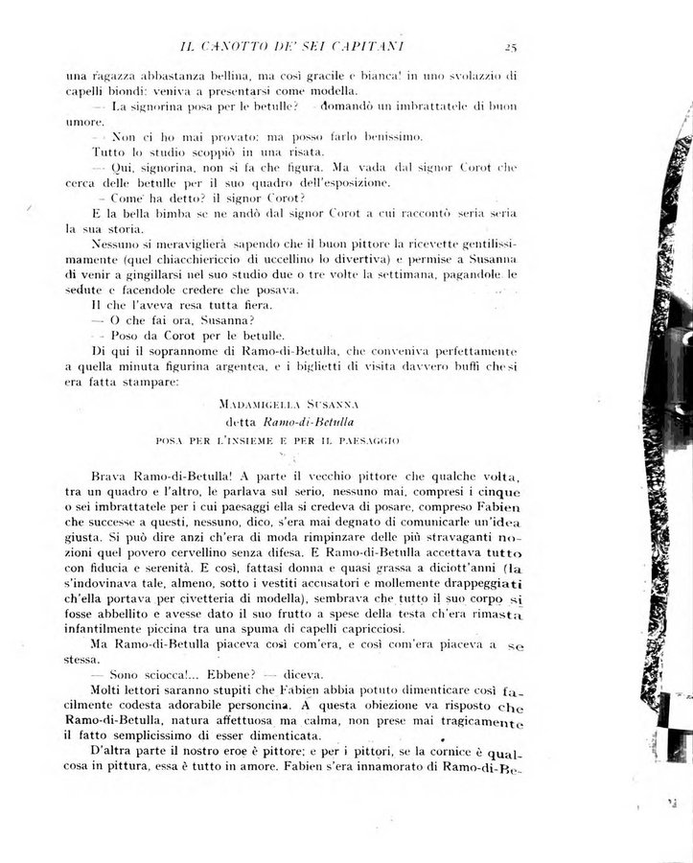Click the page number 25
pyautogui.click(x=510, y=43)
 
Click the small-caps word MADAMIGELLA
pyautogui.click(x=256, y=404)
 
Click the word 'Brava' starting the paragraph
pyautogui.click(x=112, y=477)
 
